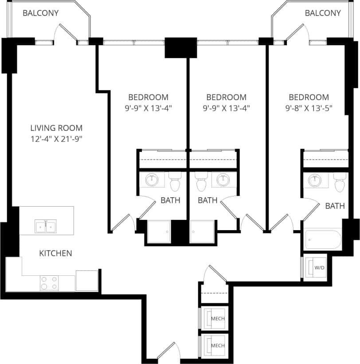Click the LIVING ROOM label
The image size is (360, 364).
click(x=56, y=128)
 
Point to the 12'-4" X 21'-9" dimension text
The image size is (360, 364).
click(x=56, y=139)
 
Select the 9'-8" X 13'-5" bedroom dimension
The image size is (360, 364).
click(x=309, y=108)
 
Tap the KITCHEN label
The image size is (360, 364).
click(x=56, y=254)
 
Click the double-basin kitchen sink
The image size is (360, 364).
click(x=46, y=227)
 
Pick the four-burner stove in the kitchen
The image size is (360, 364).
click(x=49, y=283)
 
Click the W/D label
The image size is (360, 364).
click(x=319, y=268)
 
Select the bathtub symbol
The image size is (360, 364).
click(x=323, y=240)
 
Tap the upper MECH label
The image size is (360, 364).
click(x=217, y=318)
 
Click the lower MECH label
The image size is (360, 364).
click(x=217, y=345)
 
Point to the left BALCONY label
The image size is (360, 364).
click(x=41, y=13)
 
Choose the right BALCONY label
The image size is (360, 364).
click(x=323, y=13)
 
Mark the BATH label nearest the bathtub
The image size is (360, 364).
click(x=335, y=206)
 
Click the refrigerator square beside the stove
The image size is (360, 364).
click(x=87, y=280)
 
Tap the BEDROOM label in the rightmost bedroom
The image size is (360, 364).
click(x=309, y=97)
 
